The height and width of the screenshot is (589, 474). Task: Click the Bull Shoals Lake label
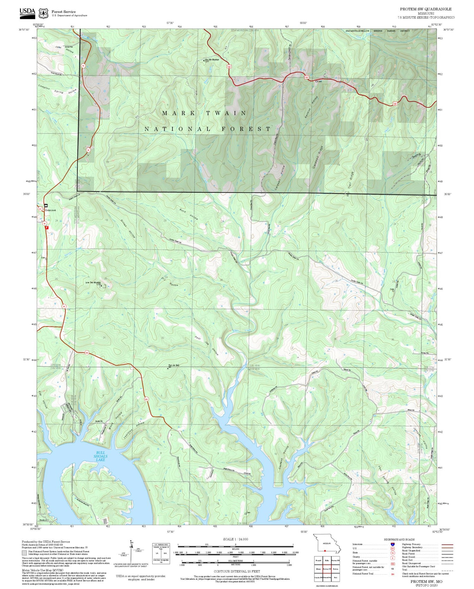pyautogui.click(x=100, y=456)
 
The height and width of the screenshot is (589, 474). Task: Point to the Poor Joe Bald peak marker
pyautogui.click(x=168, y=368)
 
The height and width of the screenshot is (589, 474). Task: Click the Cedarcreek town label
pyautogui.click(x=51, y=210)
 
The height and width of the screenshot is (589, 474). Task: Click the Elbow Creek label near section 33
pyautogui.click(x=242, y=331)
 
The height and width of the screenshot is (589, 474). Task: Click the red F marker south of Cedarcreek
pyautogui.click(x=47, y=227)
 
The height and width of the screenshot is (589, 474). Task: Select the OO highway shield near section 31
pyautogui.click(x=86, y=353)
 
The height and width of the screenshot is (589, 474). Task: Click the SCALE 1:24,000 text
pyautogui.click(x=235, y=539)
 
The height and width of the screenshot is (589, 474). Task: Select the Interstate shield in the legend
pyautogui.click(x=392, y=544)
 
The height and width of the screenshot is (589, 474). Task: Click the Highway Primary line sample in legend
pyautogui.click(x=446, y=544)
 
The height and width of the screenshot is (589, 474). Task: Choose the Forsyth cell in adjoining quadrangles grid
pyautogui.click(x=318, y=560)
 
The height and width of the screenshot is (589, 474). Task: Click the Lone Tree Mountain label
pyautogui.click(x=93, y=282)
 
